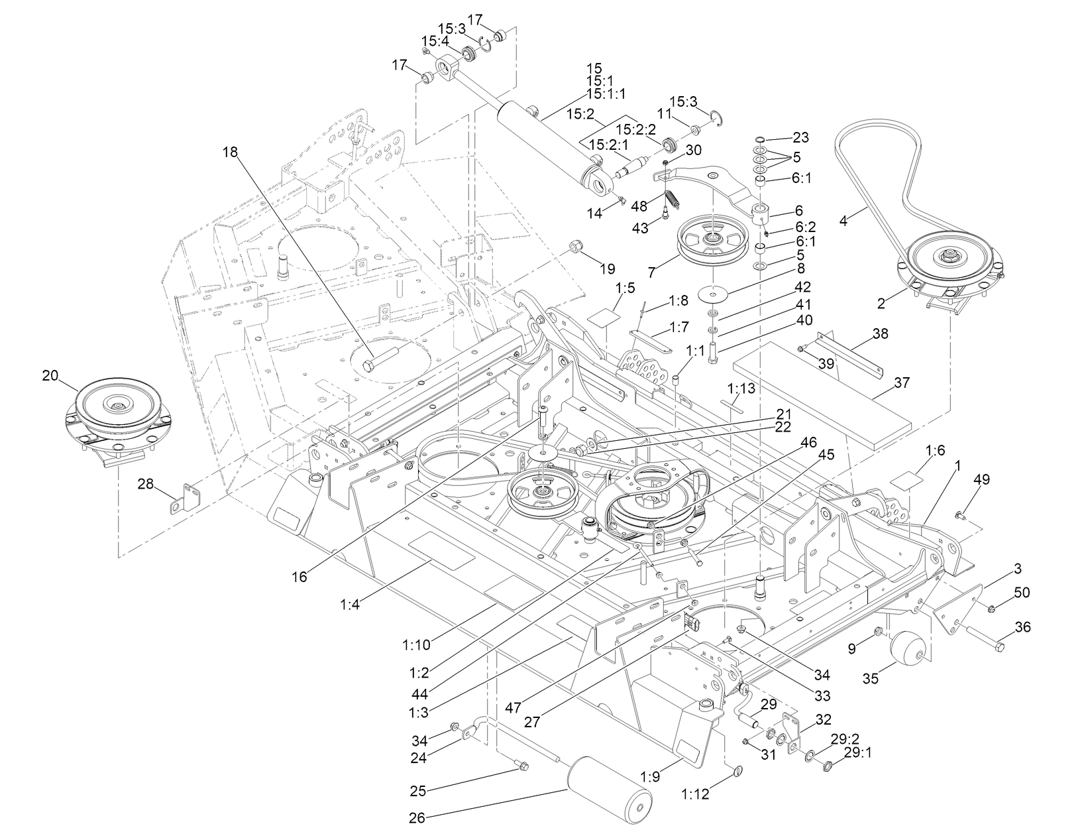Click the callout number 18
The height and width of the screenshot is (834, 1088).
click(x=229, y=152)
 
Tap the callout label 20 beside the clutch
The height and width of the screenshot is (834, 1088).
click(x=50, y=375)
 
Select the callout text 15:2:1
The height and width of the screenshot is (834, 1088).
click(x=608, y=145)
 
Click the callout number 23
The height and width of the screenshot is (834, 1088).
click(x=800, y=138)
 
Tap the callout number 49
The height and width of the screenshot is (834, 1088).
click(x=981, y=480)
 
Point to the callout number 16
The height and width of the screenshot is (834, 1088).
click(x=299, y=577)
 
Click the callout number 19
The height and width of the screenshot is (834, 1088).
click(x=607, y=268)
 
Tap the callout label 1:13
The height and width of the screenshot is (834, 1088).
click(x=741, y=388)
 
